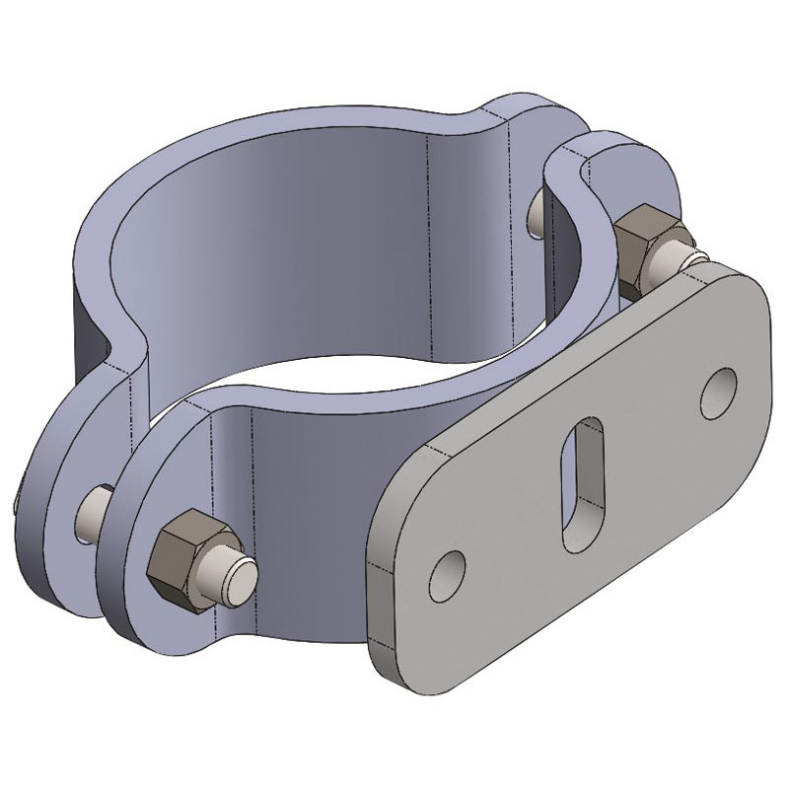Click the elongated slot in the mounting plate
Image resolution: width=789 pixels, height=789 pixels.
[x=583, y=480]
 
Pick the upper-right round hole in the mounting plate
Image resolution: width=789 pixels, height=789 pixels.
[x=718, y=387]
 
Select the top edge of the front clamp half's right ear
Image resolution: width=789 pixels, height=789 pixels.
[x=611, y=148]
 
